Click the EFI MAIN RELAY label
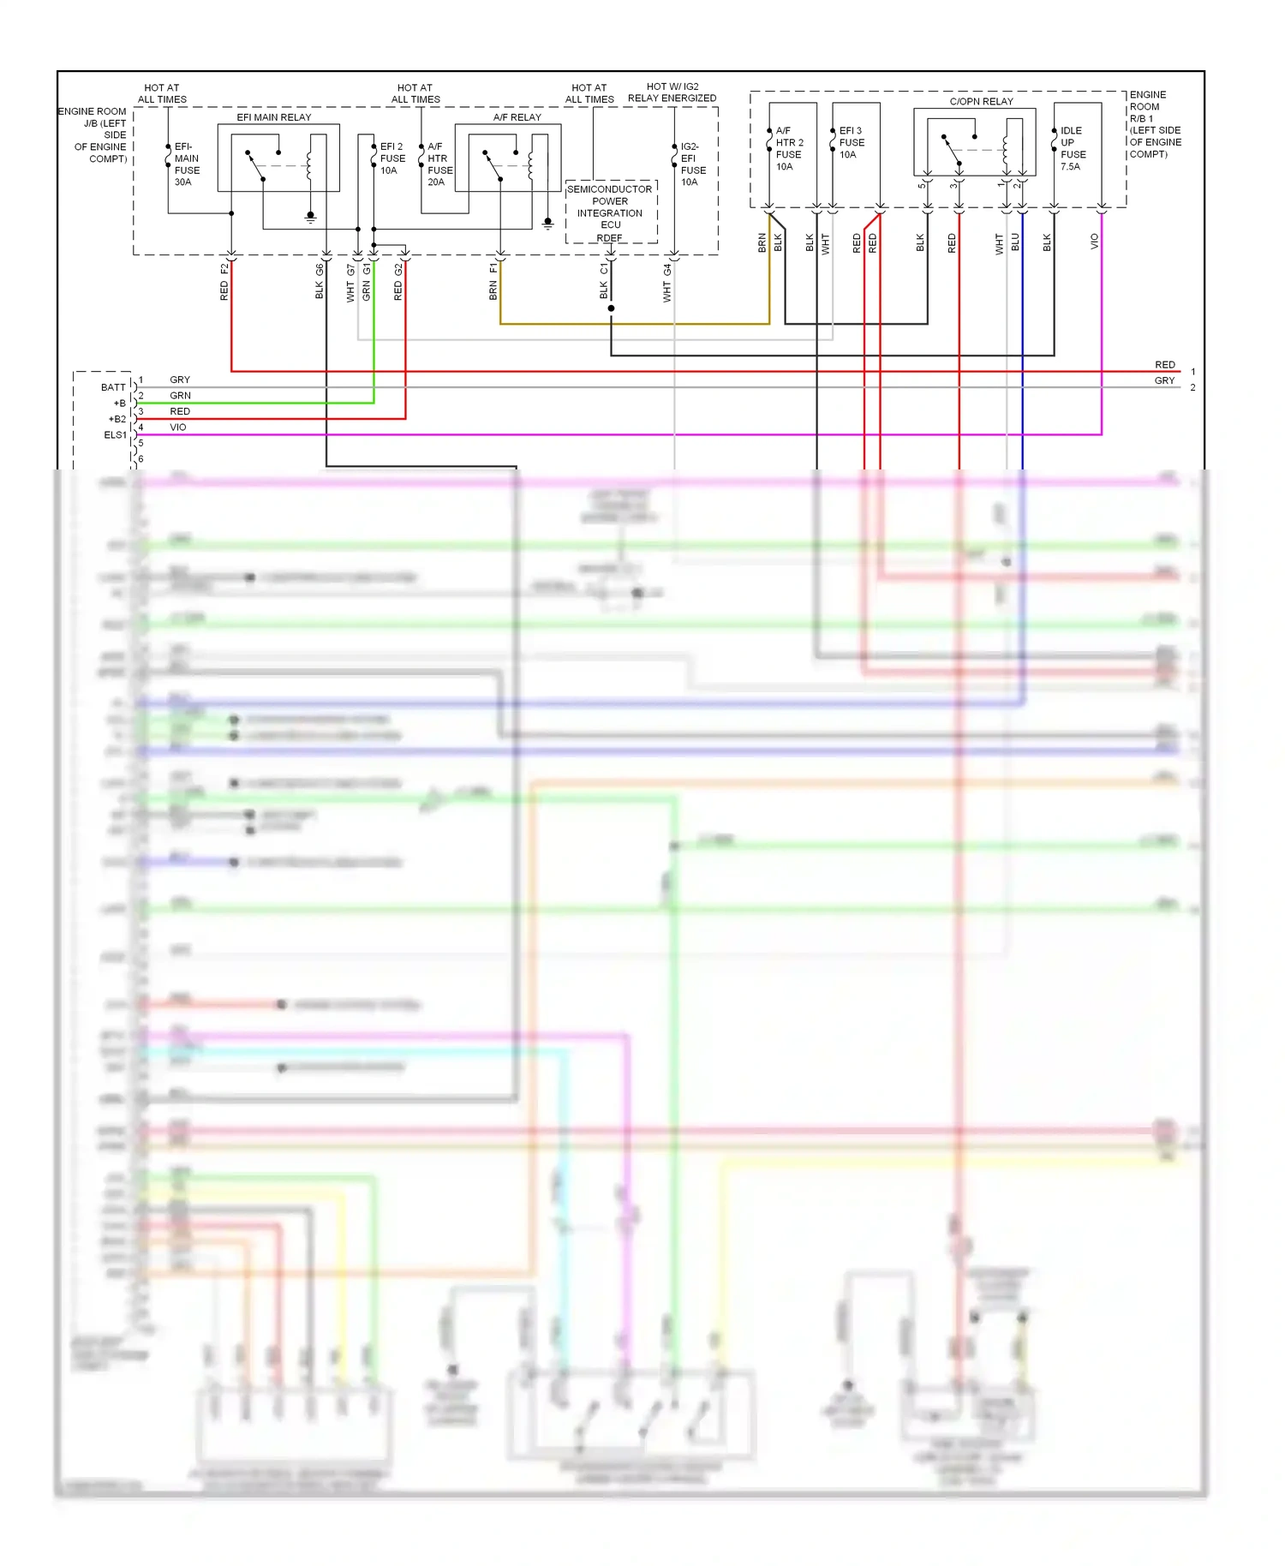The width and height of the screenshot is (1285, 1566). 274,117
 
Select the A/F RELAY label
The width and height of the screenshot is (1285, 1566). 517,117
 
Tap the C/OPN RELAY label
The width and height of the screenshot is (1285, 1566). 981,101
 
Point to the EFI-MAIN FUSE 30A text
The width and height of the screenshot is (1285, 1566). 187,164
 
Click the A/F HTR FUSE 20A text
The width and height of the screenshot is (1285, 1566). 439,164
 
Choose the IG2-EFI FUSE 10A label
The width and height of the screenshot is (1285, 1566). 692,164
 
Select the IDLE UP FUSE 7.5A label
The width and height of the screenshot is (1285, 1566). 1073,149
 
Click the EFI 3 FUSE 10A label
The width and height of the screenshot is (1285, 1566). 851,143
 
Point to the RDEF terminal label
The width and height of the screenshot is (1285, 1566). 609,238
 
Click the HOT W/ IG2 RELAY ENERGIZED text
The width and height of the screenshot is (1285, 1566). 672,93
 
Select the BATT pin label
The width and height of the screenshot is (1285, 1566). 113,387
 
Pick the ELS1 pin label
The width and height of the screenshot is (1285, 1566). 115,435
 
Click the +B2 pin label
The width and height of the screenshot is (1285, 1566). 117,419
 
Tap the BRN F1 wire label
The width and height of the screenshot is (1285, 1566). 493,282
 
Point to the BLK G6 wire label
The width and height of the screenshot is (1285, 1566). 320,281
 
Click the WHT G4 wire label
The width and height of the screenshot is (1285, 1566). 667,283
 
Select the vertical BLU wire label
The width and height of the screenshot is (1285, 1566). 1015,242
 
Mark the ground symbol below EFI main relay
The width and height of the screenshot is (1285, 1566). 310,218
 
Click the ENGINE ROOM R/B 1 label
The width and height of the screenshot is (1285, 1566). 1154,124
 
